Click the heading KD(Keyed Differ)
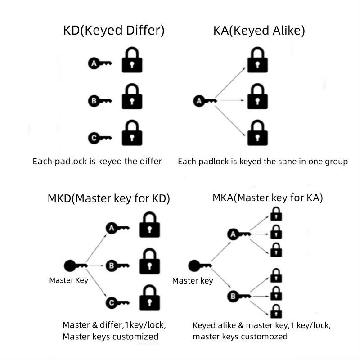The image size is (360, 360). [x=114, y=31]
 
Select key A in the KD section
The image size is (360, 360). [x=99, y=64]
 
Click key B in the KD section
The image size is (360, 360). [x=99, y=101]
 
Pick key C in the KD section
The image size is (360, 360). [x=99, y=138]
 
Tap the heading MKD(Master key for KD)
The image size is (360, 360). [x=109, y=198]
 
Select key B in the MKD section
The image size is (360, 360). [x=117, y=265]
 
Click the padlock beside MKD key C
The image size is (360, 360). [x=150, y=298]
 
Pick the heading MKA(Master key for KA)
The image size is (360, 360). [x=268, y=198]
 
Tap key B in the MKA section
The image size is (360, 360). [x=239, y=296]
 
